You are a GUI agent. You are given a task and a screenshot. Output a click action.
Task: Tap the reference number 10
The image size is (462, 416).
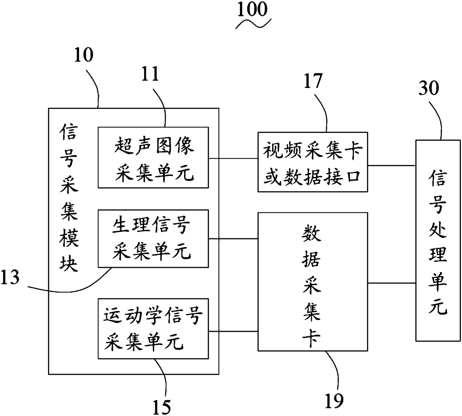pos(83,55)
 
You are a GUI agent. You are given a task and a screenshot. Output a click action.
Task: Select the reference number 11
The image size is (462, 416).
pos(150,74)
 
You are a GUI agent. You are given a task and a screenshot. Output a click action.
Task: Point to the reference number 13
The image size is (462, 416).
pos(10,277)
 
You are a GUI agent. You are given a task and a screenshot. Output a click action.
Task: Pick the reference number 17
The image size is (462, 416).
pos(313,81)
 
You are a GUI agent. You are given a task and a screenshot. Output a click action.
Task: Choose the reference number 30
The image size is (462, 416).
pos(429,88)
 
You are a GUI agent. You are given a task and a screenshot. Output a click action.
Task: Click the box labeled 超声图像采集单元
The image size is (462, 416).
pos(154,158)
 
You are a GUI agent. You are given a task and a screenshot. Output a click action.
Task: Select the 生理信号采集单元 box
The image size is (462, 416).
pos(154,238)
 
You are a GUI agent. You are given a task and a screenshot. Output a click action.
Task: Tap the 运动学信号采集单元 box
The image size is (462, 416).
pos(154,329)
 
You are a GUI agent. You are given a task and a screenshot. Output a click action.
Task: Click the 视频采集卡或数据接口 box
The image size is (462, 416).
pos(313,162)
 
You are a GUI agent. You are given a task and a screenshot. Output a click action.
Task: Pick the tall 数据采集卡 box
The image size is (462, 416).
pos(313,282)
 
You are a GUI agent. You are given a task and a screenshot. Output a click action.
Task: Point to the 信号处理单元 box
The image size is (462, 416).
pos(438,241)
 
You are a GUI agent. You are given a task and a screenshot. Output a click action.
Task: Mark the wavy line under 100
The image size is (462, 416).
pos(253,24)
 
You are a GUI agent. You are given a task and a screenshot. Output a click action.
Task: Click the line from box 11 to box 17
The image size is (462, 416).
pos(233,158)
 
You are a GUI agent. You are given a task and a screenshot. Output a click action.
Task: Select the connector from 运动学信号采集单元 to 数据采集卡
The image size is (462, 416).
pos(233,331)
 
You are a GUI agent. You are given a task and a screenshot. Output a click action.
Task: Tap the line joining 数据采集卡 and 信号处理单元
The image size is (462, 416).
pos(392,283)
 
